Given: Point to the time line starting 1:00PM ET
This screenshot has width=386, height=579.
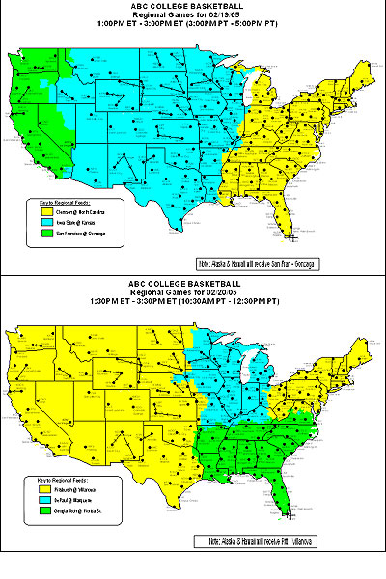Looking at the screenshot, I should tap(192, 26).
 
